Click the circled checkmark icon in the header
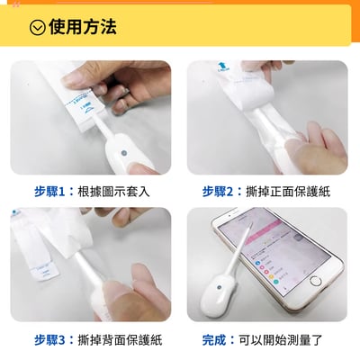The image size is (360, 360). click(37, 27)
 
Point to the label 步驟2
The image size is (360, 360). click(221, 192)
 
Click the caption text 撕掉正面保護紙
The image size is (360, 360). click(290, 192)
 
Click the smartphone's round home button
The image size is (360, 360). click(315, 281)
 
